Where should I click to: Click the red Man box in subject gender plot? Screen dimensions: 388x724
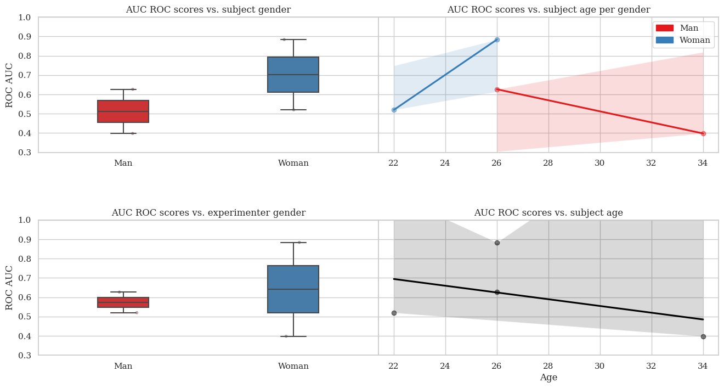pyautogui.click(x=123, y=111)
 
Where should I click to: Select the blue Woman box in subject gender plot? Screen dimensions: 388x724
pyautogui.click(x=293, y=75)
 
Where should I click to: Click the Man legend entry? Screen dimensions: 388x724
pyautogui.click(x=683, y=28)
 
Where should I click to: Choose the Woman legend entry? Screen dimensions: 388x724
pyautogui.click(x=683, y=40)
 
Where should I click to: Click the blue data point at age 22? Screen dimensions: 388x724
pyautogui.click(x=394, y=110)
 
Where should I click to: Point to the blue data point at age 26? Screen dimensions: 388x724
pyautogui.click(x=497, y=40)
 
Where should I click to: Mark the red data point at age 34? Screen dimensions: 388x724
pyautogui.click(x=703, y=133)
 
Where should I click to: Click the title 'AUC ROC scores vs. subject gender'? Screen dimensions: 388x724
pyautogui.click(x=208, y=9)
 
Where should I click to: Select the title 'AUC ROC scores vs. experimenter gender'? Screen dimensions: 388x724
pyautogui.click(x=208, y=212)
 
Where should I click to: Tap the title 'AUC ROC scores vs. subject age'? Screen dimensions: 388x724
pyautogui.click(x=548, y=212)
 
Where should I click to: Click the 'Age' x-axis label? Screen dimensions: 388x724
pyautogui.click(x=548, y=378)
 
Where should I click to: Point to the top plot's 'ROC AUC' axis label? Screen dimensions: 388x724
pyautogui.click(x=9, y=85)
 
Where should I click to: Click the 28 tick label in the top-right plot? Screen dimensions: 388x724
pyautogui.click(x=548, y=163)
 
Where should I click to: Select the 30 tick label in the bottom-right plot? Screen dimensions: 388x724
pyautogui.click(x=600, y=366)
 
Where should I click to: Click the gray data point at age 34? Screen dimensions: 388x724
pyautogui.click(x=703, y=336)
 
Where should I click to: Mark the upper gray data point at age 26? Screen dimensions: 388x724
pyautogui.click(x=497, y=243)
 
